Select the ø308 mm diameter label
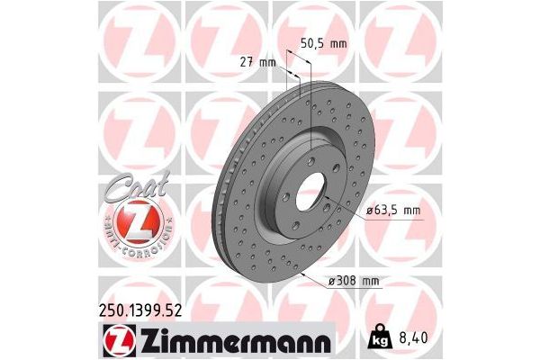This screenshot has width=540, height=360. [355, 281]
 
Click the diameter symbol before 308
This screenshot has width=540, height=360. [331, 281]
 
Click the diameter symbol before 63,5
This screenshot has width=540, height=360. [369, 211]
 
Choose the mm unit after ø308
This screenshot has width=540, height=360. [370, 281]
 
